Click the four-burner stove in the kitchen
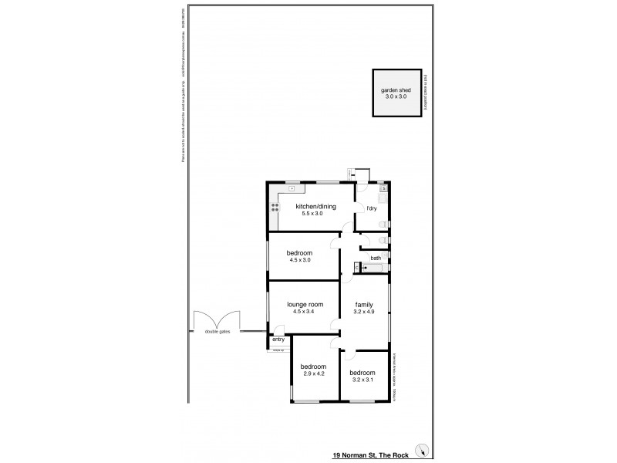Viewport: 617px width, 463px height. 275,207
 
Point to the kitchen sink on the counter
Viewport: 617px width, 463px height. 292,188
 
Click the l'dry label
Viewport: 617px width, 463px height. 371,209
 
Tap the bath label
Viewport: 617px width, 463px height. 376,258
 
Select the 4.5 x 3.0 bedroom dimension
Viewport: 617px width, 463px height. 299,261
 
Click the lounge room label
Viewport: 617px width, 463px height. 303,304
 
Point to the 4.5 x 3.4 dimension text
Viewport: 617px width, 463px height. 303,312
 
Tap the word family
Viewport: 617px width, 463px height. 365,304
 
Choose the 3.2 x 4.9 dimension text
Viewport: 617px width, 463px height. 365,312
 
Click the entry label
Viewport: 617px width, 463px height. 278,340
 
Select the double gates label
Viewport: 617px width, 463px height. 217,332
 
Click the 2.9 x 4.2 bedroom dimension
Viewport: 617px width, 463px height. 313,373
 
